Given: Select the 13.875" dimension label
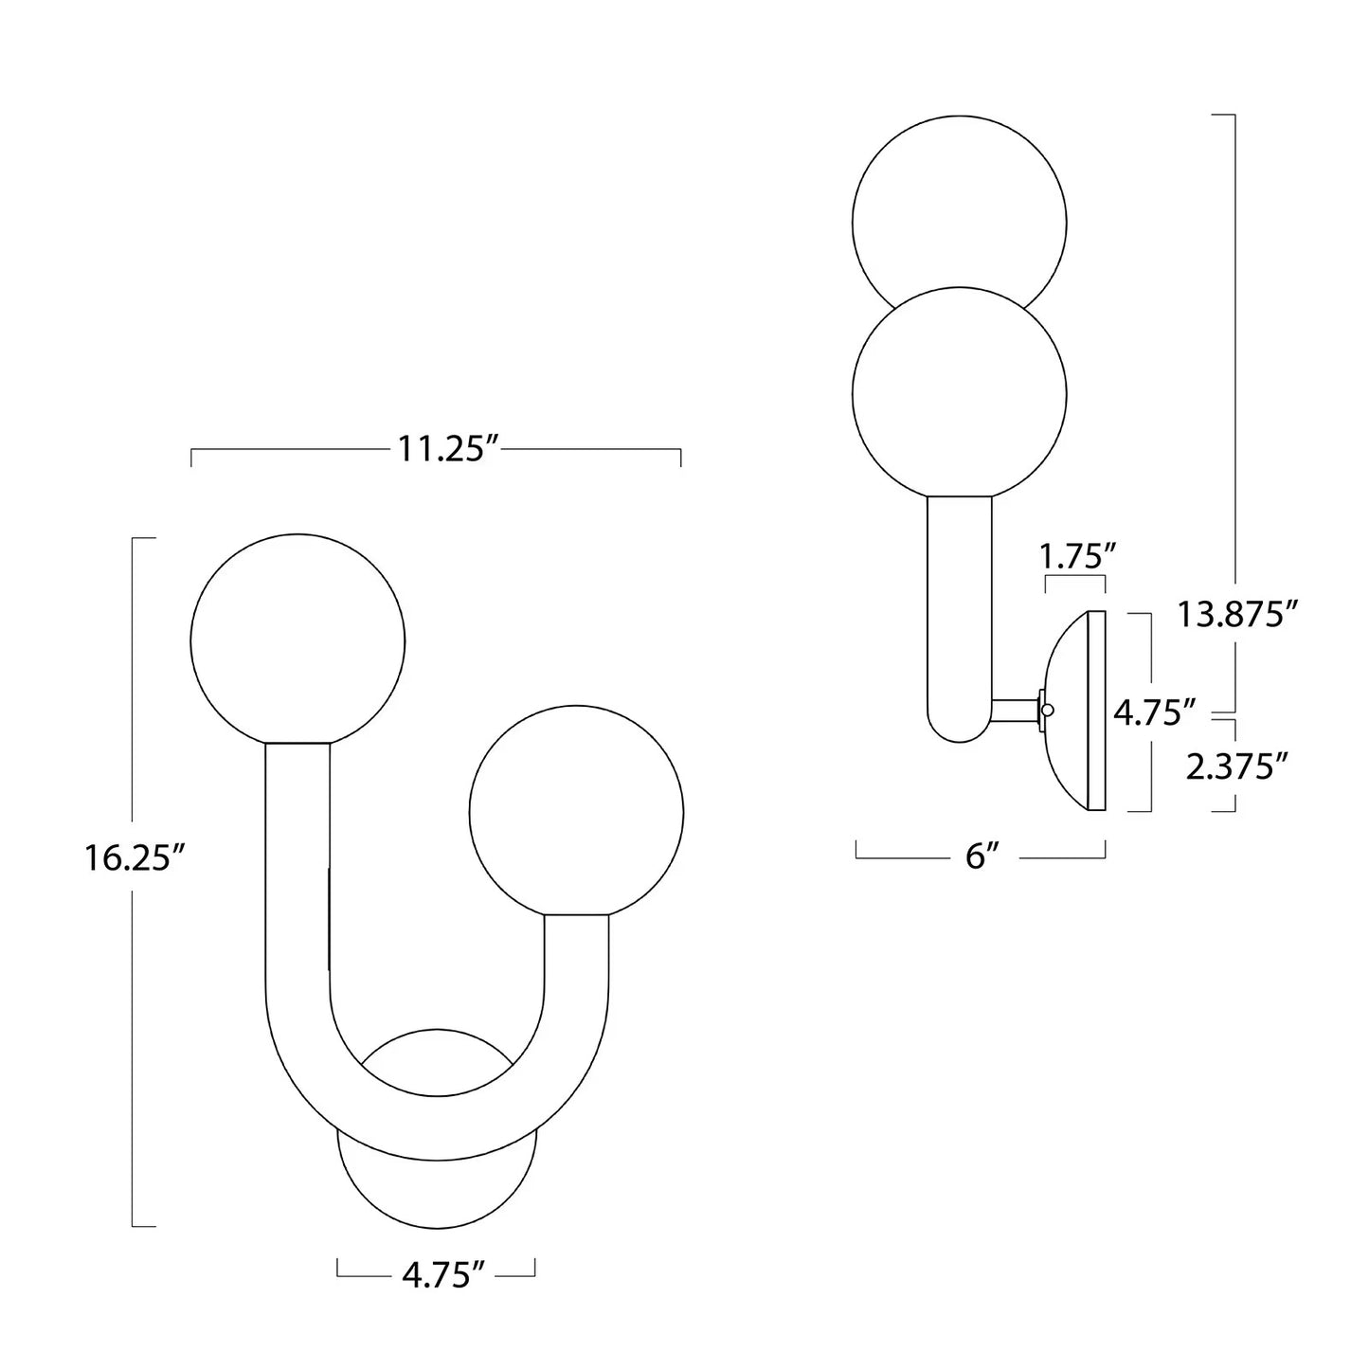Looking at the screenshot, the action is [1233, 615].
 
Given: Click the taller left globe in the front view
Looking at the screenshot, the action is [297, 640].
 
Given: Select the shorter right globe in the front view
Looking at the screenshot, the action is [576, 812].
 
